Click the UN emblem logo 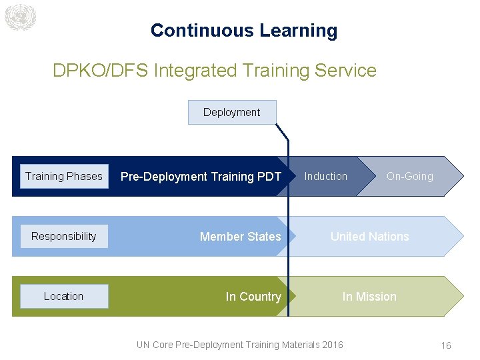[19, 17]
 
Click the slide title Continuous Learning [243, 31]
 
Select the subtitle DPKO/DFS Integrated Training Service [214, 70]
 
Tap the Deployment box [231, 112]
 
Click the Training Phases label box [64, 176]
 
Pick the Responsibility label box [64, 236]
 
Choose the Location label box [64, 296]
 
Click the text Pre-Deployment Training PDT [201, 177]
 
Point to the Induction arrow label [325, 176]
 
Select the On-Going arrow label [409, 177]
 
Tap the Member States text [240, 237]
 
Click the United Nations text [369, 237]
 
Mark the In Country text [253, 297]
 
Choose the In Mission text [369, 297]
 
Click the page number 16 [446, 345]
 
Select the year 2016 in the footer [333, 345]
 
